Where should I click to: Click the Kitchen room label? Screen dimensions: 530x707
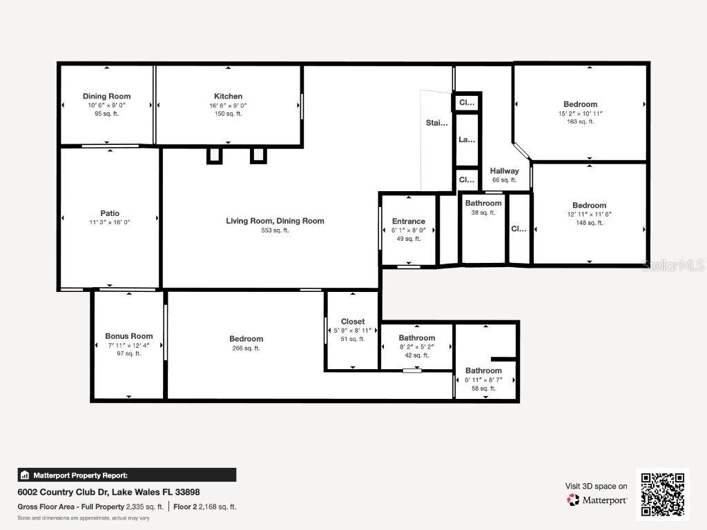(x=228, y=97)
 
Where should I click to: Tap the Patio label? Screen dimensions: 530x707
(x=110, y=213)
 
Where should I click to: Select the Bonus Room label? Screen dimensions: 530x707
(x=129, y=336)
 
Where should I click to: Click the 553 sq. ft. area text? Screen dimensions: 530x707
(x=275, y=230)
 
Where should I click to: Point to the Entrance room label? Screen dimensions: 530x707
(x=409, y=222)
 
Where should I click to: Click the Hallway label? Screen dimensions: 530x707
(x=504, y=171)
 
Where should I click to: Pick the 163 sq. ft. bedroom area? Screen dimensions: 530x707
(x=580, y=121)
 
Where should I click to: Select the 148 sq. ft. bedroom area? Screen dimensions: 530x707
(x=589, y=222)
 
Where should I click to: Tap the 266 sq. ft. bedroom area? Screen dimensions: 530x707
(x=246, y=349)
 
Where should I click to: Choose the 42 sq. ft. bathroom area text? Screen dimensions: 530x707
(x=416, y=355)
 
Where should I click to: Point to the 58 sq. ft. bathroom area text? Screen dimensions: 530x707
(x=483, y=389)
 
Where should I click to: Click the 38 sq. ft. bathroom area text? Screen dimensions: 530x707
(x=483, y=213)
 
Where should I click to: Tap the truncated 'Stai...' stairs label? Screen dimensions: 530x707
(x=436, y=124)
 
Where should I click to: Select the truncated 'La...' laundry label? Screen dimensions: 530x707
(x=467, y=139)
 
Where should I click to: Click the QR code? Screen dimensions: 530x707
(x=662, y=494)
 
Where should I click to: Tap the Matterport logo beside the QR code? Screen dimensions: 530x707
(x=597, y=500)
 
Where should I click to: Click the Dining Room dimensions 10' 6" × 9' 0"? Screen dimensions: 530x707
(x=106, y=105)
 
